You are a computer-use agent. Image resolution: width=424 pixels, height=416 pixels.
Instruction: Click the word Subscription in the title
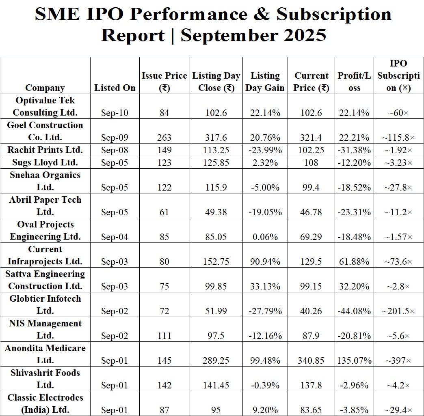[334, 15]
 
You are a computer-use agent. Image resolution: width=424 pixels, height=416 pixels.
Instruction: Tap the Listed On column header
[115, 88]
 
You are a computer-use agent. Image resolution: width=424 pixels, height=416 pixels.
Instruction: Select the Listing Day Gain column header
[265, 82]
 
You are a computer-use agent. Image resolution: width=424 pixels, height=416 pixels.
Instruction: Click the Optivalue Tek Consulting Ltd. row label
[45, 106]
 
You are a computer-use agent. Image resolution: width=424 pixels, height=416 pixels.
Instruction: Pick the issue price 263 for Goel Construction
[164, 138]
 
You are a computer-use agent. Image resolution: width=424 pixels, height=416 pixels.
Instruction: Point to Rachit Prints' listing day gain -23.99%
[265, 150]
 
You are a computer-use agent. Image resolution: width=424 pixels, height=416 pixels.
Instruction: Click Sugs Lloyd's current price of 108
[312, 163]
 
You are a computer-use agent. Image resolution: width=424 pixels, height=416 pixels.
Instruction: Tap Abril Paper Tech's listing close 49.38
[216, 212]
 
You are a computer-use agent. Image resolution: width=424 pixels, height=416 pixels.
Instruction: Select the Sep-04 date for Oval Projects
[115, 237]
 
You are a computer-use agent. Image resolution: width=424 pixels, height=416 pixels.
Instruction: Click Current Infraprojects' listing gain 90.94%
[265, 262]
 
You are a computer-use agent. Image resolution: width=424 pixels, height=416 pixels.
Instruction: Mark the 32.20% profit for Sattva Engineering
[355, 287]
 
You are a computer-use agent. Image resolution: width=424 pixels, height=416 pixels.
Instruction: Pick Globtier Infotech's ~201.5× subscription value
[398, 311]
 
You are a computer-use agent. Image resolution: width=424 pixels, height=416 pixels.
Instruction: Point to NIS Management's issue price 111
[164, 336]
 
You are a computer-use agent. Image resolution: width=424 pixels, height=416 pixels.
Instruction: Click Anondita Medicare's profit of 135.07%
[355, 361]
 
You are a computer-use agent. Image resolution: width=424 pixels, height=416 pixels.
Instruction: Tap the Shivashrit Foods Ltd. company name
[45, 379]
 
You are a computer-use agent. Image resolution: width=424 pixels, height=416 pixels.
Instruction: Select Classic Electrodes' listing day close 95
[216, 410]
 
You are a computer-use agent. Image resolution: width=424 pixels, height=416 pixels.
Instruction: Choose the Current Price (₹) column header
[312, 82]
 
